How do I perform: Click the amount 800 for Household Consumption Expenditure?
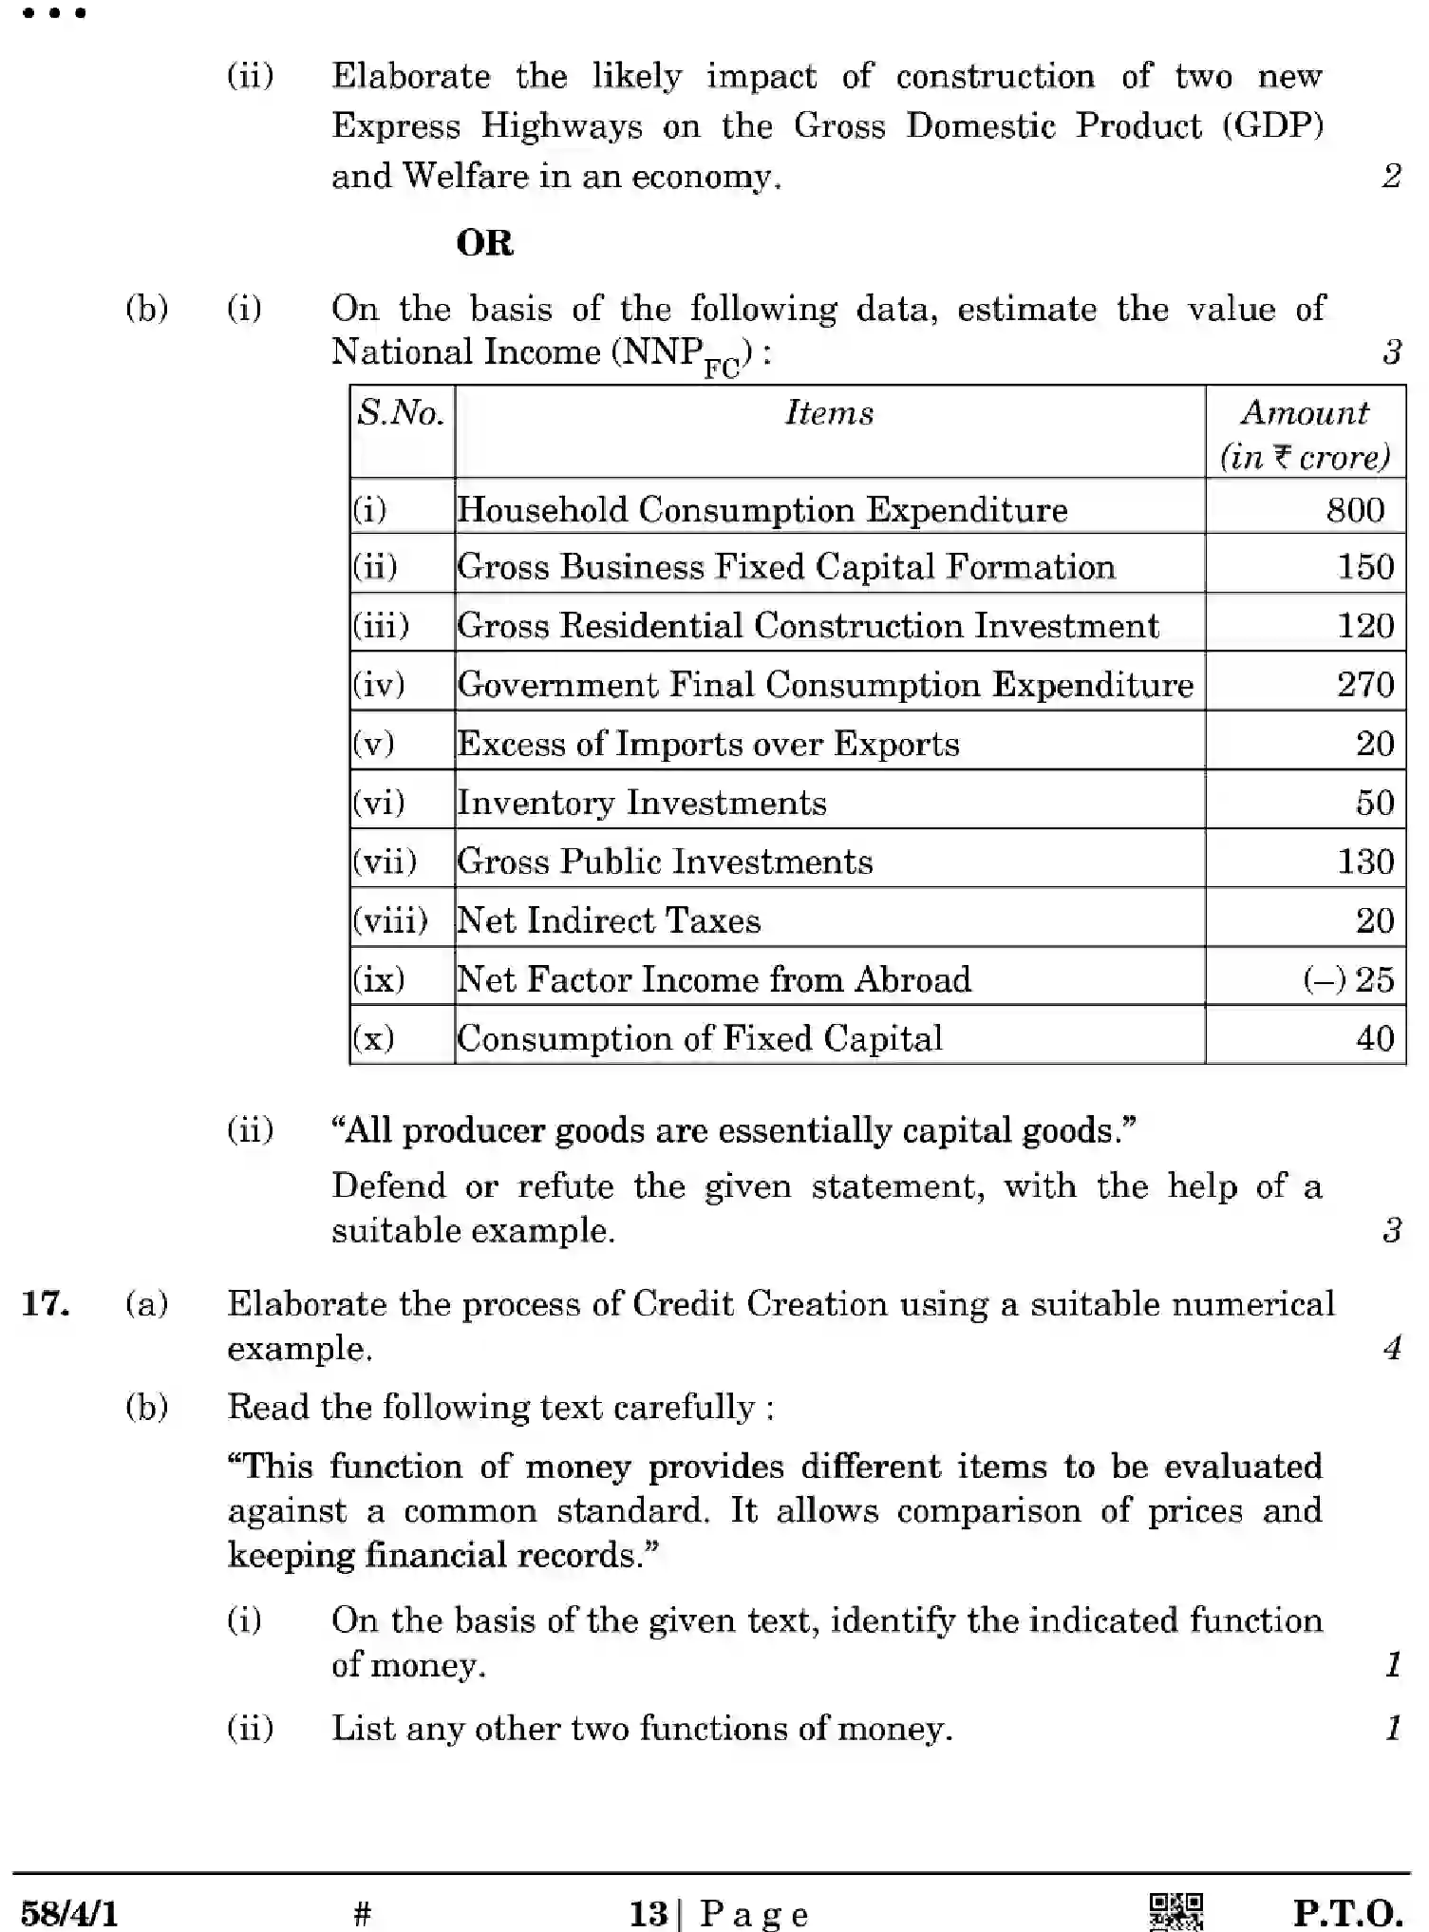click(x=1355, y=510)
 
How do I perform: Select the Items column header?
click(x=829, y=413)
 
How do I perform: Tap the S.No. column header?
click(x=401, y=413)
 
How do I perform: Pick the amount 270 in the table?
click(x=1365, y=685)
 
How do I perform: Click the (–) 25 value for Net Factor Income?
click(x=1348, y=979)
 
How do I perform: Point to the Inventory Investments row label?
click(x=642, y=803)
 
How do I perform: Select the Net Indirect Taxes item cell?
click(x=609, y=920)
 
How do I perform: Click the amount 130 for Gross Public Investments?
click(x=1365, y=862)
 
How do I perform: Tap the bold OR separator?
click(x=484, y=243)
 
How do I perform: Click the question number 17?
click(x=46, y=1303)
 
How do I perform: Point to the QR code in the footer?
click(x=1175, y=1910)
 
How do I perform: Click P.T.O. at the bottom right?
click(x=1347, y=1912)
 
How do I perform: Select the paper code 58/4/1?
click(x=69, y=1913)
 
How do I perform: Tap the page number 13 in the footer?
click(x=649, y=1913)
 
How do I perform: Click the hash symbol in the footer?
click(x=362, y=1913)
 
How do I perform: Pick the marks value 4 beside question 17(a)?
click(x=1392, y=1348)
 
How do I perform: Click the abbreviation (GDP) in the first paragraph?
click(x=1272, y=126)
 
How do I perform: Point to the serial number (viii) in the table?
click(x=390, y=920)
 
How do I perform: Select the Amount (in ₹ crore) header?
click(x=1305, y=434)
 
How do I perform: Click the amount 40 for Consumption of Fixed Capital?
click(x=1375, y=1038)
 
